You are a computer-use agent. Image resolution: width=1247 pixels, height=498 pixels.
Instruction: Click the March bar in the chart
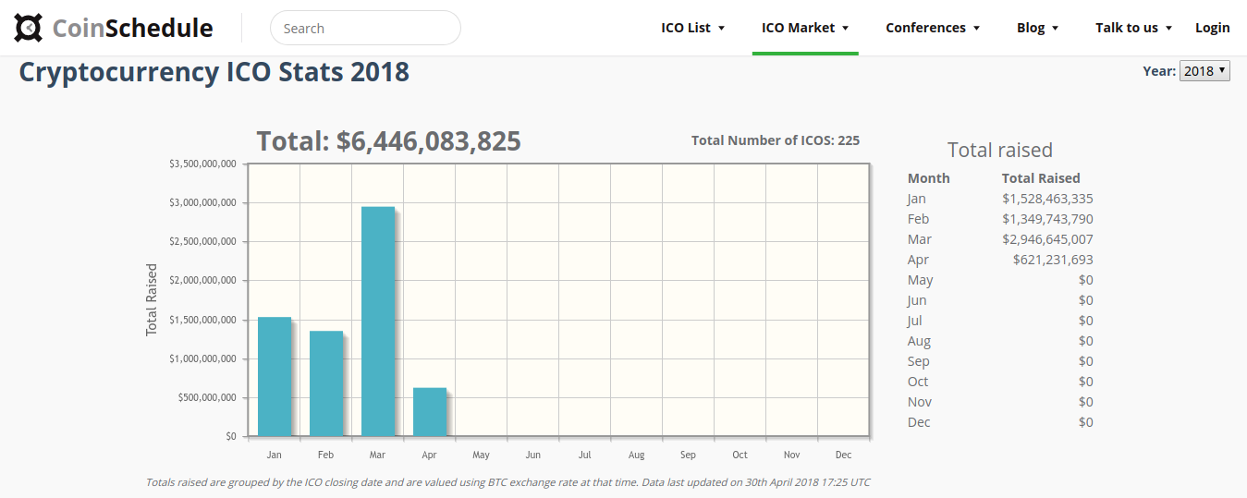tap(378, 321)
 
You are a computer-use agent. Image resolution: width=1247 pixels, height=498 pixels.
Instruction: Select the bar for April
tap(430, 412)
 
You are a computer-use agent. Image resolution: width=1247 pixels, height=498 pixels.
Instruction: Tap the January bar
tap(275, 376)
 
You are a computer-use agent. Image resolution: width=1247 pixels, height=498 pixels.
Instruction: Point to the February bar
tap(326, 383)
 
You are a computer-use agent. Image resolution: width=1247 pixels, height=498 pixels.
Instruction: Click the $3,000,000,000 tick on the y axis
tap(202, 202)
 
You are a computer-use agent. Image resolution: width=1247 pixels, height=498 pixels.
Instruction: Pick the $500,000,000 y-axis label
tap(207, 397)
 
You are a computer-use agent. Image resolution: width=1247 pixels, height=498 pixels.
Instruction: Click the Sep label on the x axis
tap(688, 455)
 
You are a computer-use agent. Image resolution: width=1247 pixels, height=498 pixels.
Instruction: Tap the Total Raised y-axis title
tap(152, 300)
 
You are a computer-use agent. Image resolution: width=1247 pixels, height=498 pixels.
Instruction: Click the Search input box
tap(365, 28)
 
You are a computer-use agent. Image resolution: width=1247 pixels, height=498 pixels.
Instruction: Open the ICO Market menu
tap(805, 28)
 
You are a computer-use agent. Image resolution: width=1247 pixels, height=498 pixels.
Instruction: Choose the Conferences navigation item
tap(933, 28)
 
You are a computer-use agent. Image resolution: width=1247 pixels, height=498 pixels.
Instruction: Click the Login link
tap(1213, 28)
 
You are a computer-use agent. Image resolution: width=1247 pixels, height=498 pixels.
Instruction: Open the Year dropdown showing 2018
tap(1204, 70)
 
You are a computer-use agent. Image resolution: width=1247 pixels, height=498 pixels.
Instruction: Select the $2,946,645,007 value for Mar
tap(1047, 239)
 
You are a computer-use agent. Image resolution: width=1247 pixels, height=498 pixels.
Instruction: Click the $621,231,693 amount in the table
tap(1053, 260)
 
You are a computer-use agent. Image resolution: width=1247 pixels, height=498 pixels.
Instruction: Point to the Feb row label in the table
tap(918, 219)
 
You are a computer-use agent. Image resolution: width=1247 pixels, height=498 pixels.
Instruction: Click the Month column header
tap(929, 178)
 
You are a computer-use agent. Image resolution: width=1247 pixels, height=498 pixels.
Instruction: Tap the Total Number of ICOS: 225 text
tap(776, 140)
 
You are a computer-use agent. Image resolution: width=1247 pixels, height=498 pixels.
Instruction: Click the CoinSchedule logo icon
tap(28, 28)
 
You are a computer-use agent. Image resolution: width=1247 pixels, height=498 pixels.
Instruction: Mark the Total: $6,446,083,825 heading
tap(388, 140)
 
